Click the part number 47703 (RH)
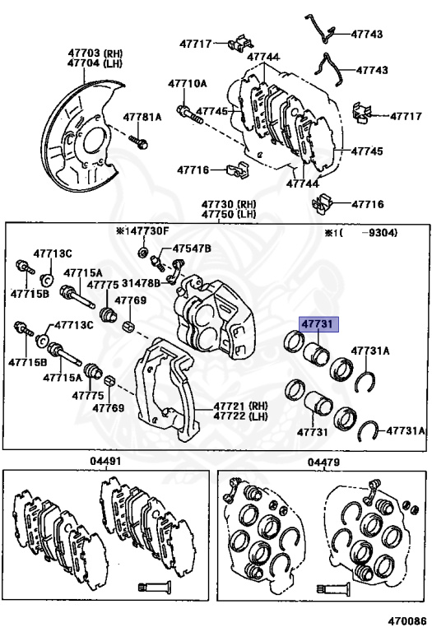tap(95, 53)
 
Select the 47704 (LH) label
tap(95, 63)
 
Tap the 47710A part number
tap(188, 84)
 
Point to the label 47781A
tap(142, 118)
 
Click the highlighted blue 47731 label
tap(318, 324)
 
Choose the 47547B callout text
tap(192, 249)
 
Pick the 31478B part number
tap(141, 283)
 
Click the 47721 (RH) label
tap(240, 406)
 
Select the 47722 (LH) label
tap(240, 416)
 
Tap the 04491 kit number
tap(105, 461)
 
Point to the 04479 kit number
tap(323, 462)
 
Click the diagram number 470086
tap(407, 623)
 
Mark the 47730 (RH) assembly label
tap(229, 204)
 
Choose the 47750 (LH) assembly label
tap(229, 214)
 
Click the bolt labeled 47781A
tap(138, 142)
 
